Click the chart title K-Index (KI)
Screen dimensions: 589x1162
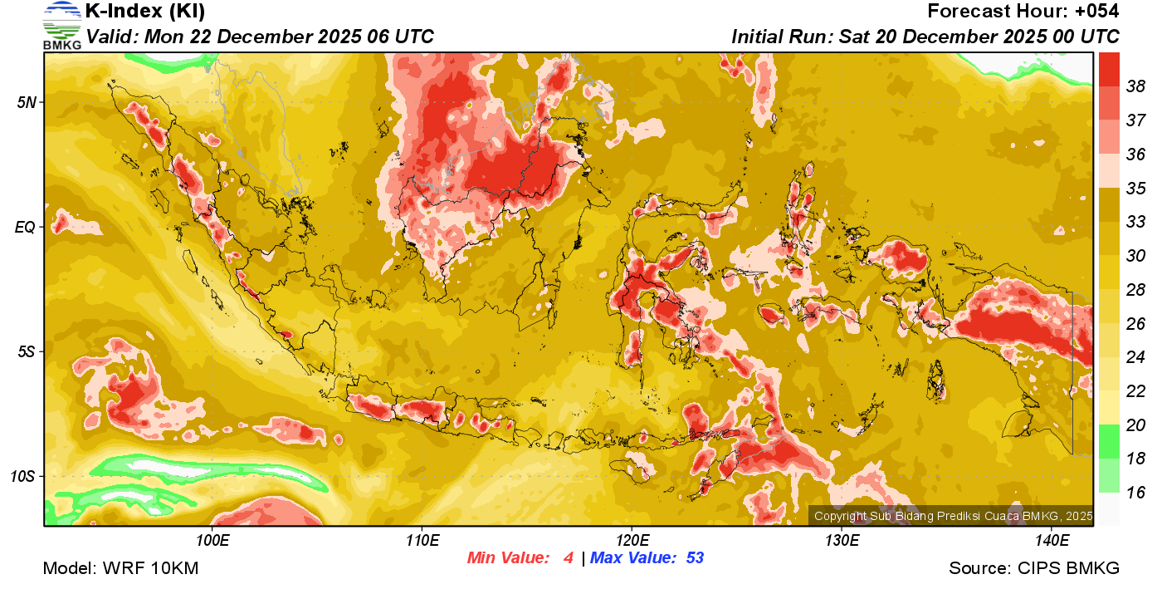point(145,12)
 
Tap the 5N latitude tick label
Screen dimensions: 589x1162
point(27,102)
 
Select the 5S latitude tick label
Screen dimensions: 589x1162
point(27,352)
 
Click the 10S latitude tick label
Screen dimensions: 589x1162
point(23,477)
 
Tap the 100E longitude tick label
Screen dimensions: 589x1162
point(213,541)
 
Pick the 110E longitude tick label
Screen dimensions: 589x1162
point(422,541)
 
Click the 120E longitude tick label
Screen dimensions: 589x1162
point(632,541)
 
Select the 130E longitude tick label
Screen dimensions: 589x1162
point(842,541)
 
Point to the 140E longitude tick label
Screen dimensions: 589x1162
point(1052,541)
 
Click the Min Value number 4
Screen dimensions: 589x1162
point(569,558)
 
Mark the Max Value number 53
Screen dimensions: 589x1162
point(695,558)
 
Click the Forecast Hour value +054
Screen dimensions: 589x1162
point(1097,12)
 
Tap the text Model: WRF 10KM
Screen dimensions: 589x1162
point(120,569)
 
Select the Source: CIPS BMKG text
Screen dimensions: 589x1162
point(1034,569)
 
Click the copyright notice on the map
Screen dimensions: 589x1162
point(953,516)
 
